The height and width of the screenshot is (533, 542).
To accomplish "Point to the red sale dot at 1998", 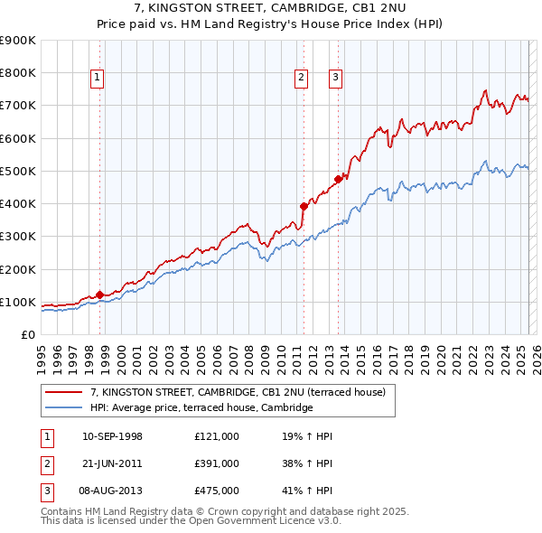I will [99, 295].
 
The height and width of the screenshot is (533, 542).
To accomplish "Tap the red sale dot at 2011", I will [304, 206].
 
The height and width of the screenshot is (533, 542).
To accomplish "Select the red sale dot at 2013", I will [338, 179].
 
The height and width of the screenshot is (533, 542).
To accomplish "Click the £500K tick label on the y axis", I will [17, 171].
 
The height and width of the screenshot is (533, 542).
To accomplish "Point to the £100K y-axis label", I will [17, 302].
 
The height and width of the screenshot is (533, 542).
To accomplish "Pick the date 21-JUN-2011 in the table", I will [112, 463].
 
